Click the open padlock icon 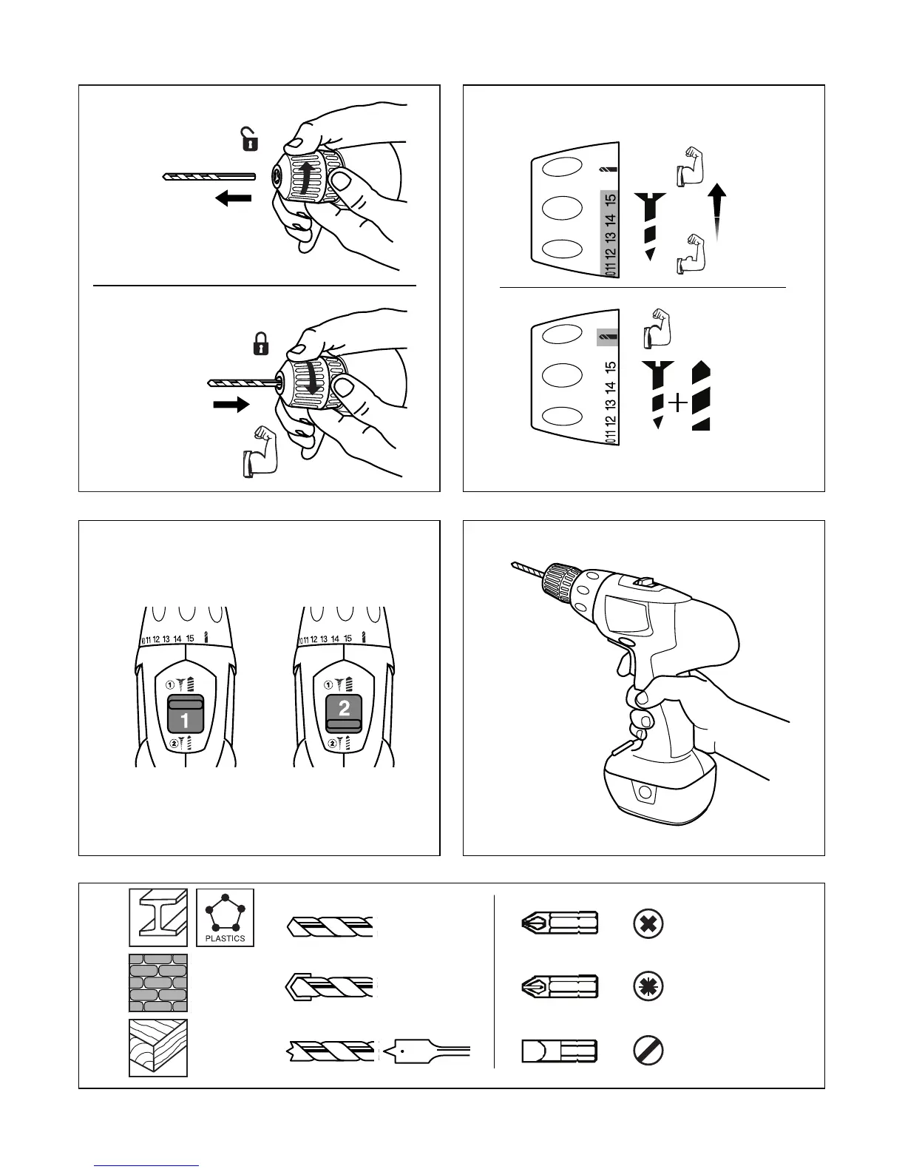(250, 139)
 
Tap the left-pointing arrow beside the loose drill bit (234, 198)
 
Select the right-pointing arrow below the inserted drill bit (231, 405)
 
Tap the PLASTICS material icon (225, 917)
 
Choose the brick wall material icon (158, 983)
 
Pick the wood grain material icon (158, 1048)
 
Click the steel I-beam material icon (158, 917)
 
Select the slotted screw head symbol (648, 1051)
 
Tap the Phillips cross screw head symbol (648, 923)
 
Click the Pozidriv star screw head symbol (648, 986)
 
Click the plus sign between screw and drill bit (677, 403)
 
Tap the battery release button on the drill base (645, 794)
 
